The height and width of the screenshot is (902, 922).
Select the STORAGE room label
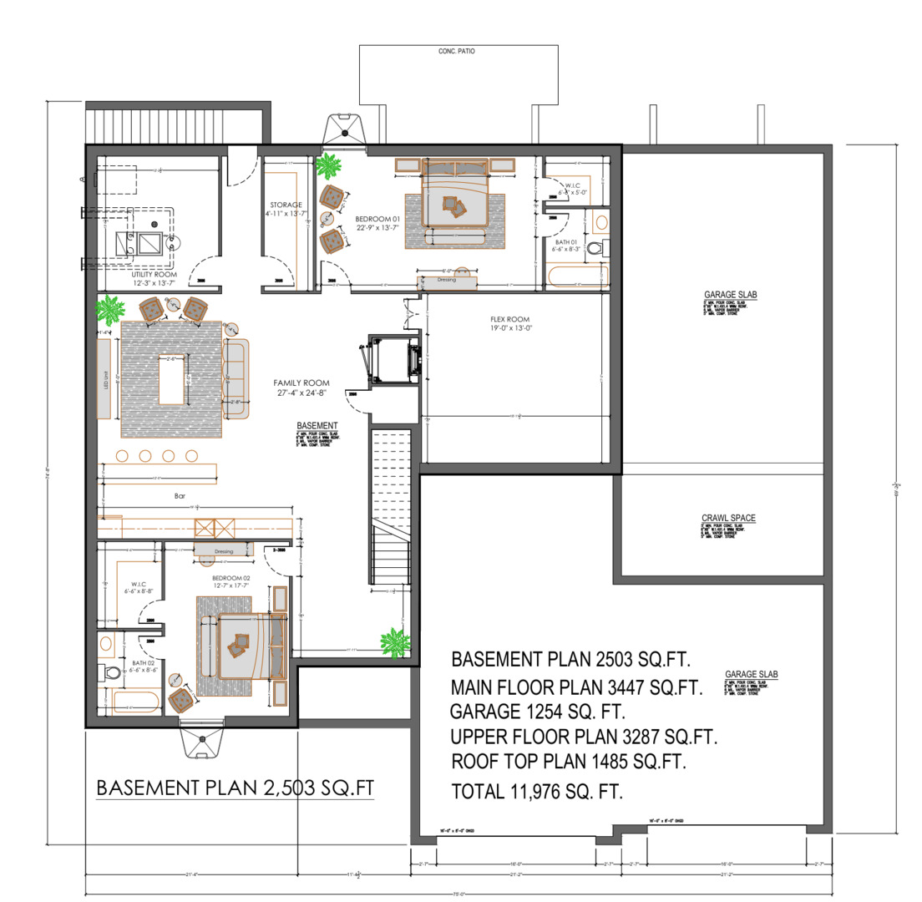click(286, 205)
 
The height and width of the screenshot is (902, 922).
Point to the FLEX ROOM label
click(509, 320)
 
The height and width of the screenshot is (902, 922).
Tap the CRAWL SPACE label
click(728, 518)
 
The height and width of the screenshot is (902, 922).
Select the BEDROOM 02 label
click(231, 578)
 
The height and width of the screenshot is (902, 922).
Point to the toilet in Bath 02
click(111, 673)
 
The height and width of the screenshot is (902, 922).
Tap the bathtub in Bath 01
click(577, 276)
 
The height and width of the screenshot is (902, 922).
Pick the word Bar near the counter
click(180, 496)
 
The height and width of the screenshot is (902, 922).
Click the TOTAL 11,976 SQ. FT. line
click(537, 792)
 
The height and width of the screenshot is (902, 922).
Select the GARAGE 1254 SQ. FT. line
click(537, 712)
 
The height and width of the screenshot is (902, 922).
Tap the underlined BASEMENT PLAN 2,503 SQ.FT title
click(235, 788)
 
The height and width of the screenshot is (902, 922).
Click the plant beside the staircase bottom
click(393, 643)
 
